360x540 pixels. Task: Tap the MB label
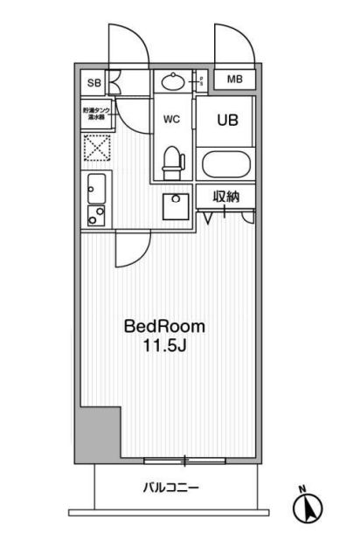(x=233, y=80)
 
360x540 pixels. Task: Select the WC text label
(x=172, y=120)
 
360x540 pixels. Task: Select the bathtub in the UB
(x=225, y=163)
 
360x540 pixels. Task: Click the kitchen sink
(x=97, y=186)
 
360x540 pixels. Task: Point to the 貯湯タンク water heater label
(x=95, y=114)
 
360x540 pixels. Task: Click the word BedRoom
(x=164, y=327)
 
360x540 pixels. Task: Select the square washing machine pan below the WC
(x=177, y=207)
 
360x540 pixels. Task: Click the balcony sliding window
(x=184, y=459)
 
